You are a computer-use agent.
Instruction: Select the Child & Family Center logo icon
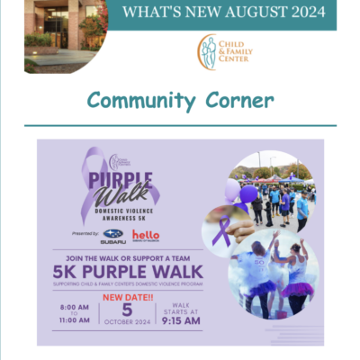(x=209, y=51)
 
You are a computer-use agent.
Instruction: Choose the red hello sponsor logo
(x=146, y=236)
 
